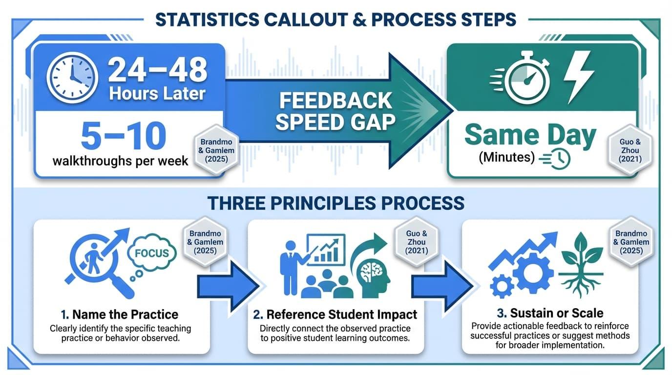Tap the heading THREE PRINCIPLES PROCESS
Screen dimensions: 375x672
pos(336,203)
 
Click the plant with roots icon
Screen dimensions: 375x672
pos(582,264)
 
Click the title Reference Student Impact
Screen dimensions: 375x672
pos(335,314)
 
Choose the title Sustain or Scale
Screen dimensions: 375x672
pos(550,312)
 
